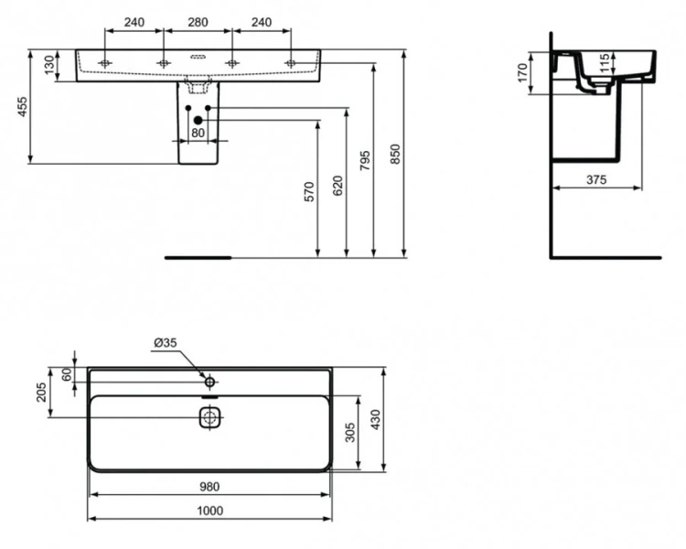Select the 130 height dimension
pos(48,65)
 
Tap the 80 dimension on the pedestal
pos(198,134)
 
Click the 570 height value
pos(308,191)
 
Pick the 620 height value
pos(338,186)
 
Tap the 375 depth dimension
pos(595,179)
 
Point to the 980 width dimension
pos(210,487)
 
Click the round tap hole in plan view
pos(209,381)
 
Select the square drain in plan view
pos(210,418)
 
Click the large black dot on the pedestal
pos(198,120)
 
